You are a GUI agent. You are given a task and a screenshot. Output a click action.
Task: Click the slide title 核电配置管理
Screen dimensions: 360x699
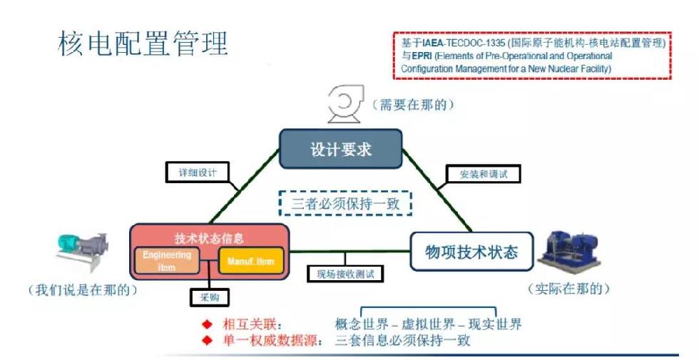point(143,44)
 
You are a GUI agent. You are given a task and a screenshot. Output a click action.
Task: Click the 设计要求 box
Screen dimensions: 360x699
point(340,150)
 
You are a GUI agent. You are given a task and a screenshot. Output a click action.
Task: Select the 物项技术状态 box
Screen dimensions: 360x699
point(471,252)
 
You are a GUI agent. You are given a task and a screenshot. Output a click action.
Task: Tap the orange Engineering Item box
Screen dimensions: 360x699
point(167,260)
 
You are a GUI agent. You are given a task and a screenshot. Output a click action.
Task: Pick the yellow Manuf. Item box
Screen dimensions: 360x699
point(250,261)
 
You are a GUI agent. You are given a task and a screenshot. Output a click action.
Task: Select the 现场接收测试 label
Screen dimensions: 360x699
point(345,273)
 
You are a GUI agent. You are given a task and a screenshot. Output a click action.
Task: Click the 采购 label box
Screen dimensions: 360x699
point(204,296)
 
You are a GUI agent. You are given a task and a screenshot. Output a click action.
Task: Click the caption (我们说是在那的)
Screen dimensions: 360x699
point(82,291)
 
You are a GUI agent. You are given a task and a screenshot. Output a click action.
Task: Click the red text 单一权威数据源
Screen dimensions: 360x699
point(262,340)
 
